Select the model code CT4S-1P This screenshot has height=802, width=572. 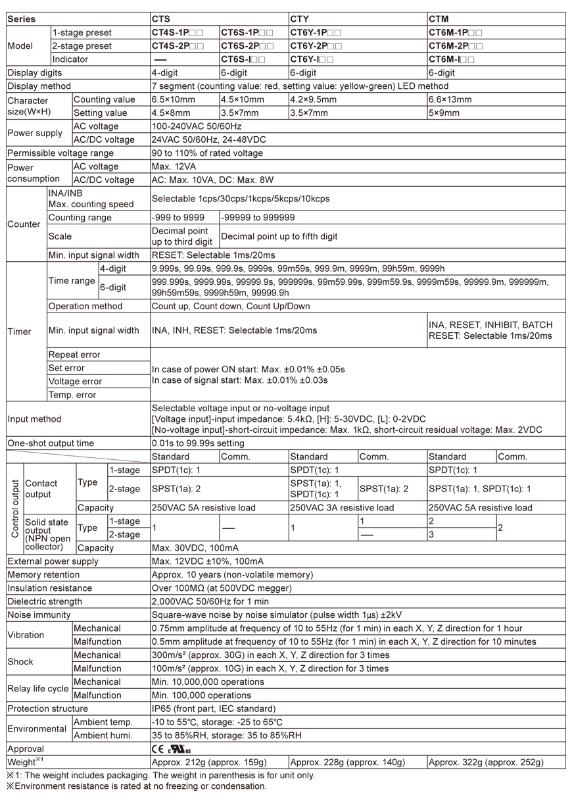(x=178, y=32)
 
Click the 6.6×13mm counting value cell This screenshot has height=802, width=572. (x=450, y=99)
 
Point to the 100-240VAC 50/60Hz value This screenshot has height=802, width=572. (x=197, y=126)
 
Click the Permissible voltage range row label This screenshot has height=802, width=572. (x=60, y=153)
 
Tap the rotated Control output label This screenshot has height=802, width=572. (x=14, y=509)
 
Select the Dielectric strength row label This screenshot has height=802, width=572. (x=45, y=601)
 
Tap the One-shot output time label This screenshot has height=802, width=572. (x=51, y=443)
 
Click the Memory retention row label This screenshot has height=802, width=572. (x=45, y=574)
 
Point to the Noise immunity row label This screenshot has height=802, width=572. (x=39, y=614)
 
